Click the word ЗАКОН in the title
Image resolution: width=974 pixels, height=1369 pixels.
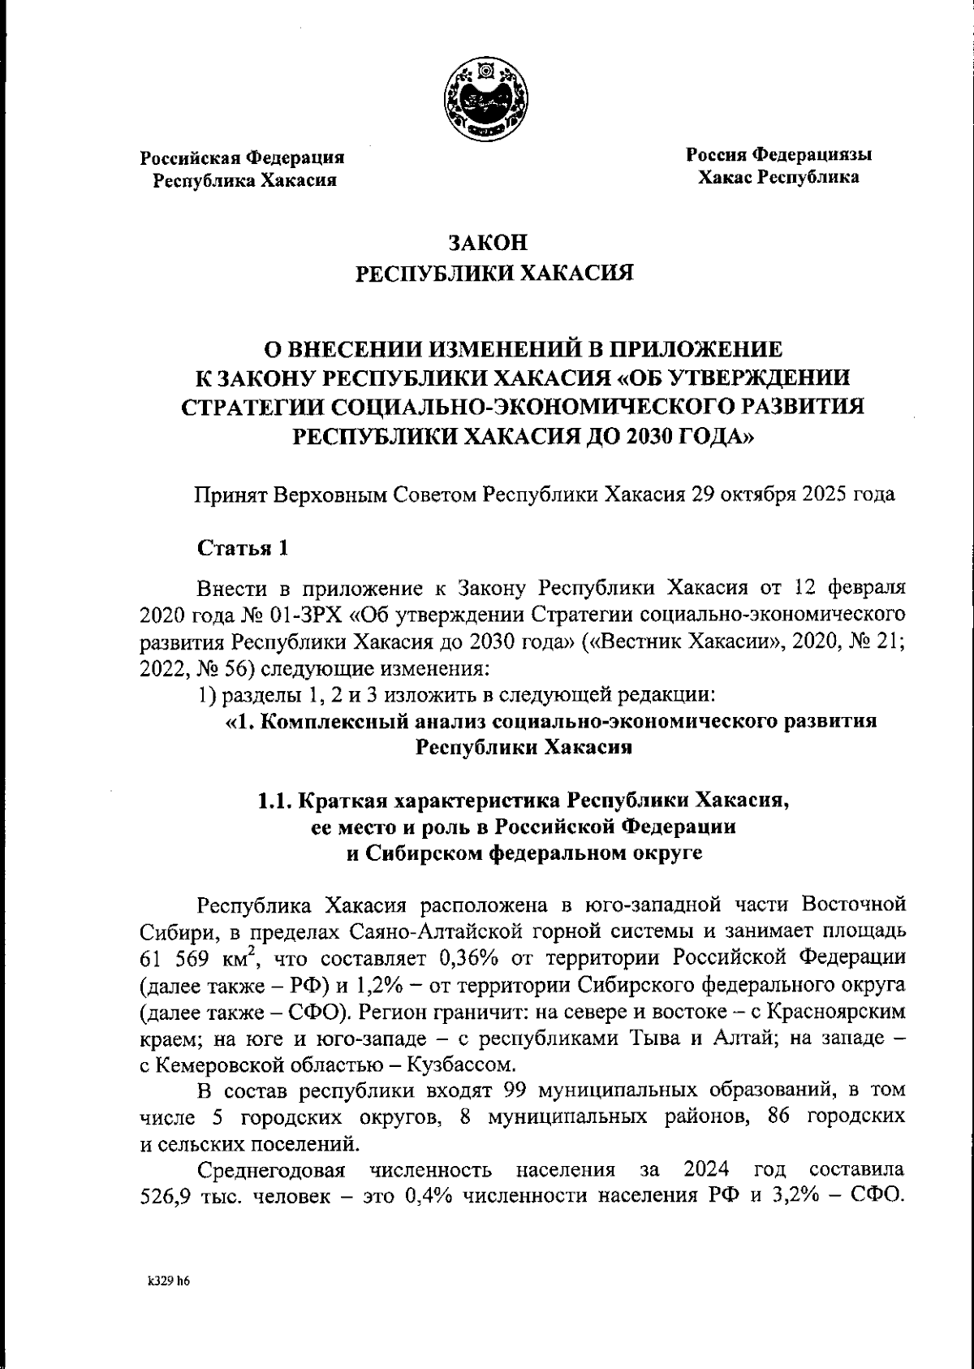click(x=487, y=243)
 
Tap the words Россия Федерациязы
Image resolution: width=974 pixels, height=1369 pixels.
click(x=778, y=153)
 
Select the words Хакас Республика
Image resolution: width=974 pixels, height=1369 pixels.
click(x=778, y=176)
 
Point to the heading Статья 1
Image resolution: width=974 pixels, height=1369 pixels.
click(x=243, y=548)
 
